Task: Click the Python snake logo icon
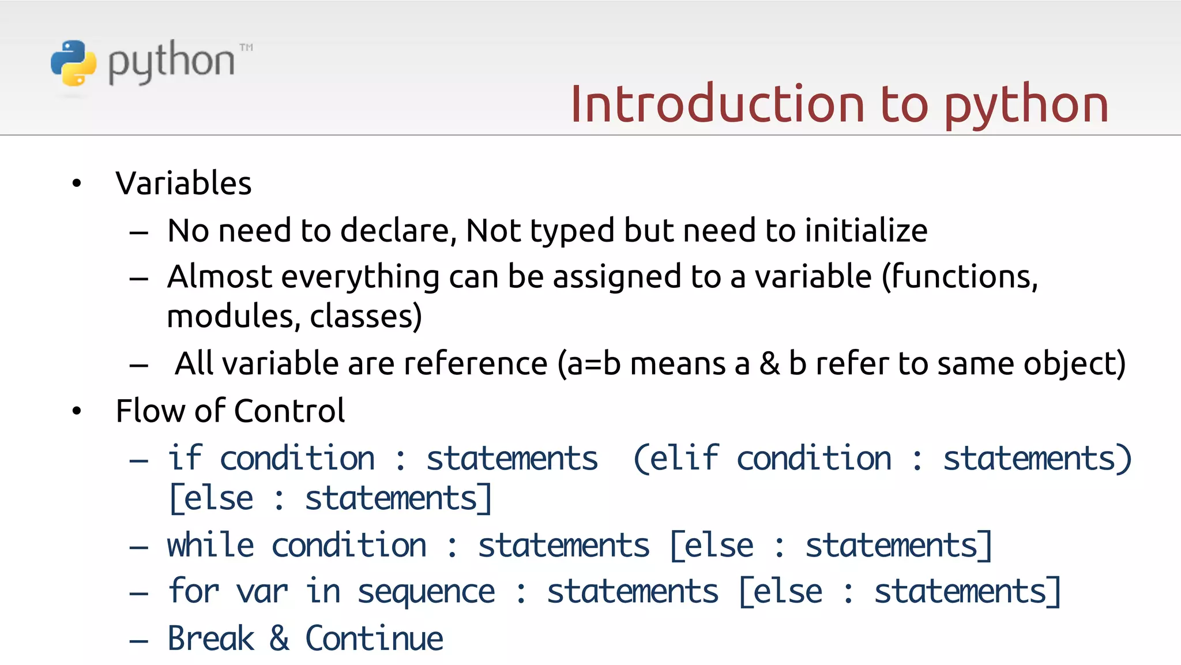point(73,63)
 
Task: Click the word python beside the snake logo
point(172,62)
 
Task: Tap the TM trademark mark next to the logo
point(246,47)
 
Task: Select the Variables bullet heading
point(183,183)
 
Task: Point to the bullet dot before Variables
point(77,184)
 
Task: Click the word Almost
point(219,276)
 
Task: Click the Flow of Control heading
point(230,411)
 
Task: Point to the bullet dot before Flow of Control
point(77,411)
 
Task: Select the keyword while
point(210,546)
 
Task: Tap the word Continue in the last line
point(374,638)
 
